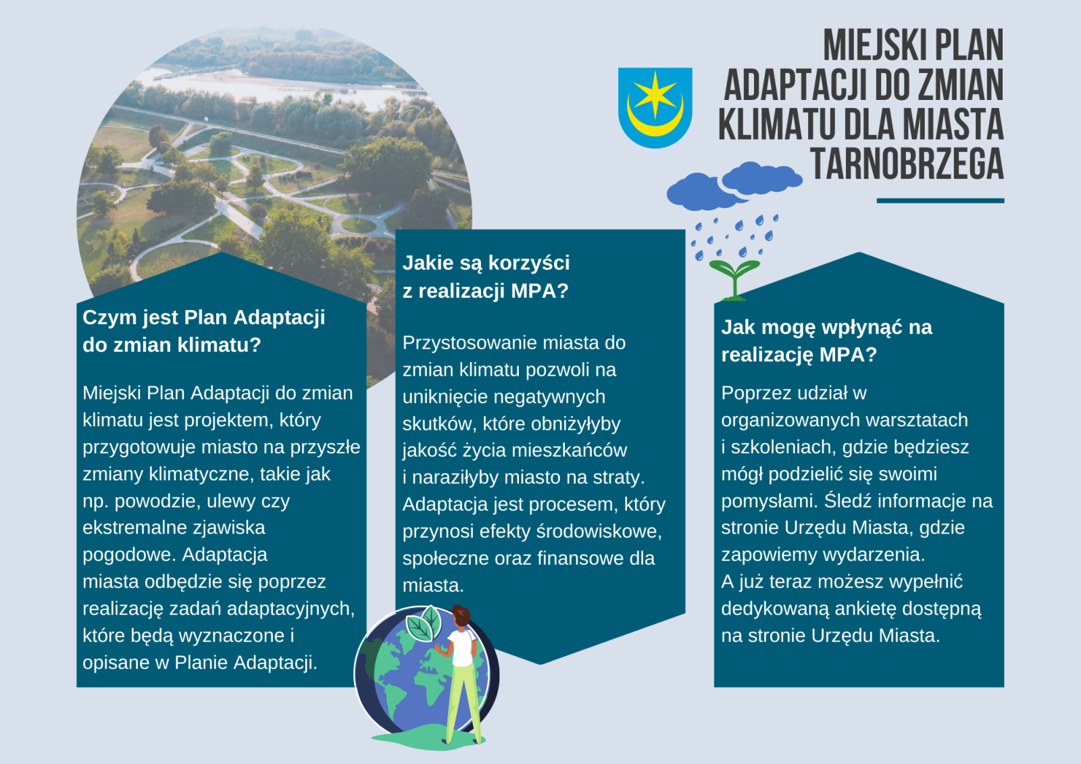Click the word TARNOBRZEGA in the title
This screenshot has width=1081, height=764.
(x=907, y=165)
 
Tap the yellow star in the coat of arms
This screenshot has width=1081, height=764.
(x=655, y=94)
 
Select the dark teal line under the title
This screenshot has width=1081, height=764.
(x=940, y=201)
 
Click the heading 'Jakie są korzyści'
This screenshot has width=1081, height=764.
(x=486, y=263)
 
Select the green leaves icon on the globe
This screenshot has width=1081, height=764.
(x=424, y=623)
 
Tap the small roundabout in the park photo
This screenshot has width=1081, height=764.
(x=358, y=225)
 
